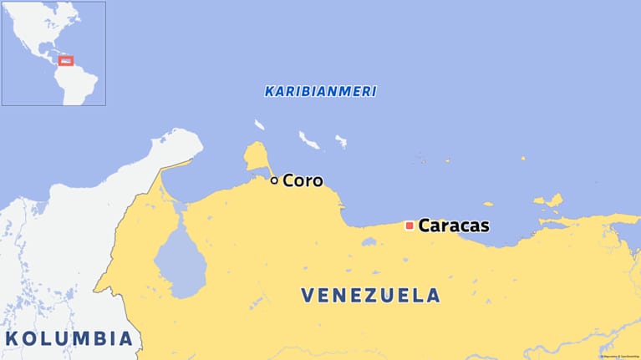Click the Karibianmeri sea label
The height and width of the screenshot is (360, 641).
320,91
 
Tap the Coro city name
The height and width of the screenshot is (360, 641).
303,180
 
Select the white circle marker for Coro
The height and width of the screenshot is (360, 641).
274,180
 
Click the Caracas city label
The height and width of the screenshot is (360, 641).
453,226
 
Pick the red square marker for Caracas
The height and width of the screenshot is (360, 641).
410,226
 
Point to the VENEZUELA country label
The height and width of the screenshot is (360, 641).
370,295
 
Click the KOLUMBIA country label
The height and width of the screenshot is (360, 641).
69,338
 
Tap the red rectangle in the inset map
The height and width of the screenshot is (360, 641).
66,60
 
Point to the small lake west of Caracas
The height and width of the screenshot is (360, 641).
369,242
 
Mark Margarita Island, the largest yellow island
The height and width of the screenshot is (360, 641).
551,201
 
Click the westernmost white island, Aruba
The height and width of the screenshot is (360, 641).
260,125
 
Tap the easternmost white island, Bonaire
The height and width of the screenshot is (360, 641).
341,141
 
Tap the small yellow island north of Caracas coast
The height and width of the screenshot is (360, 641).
488,203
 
